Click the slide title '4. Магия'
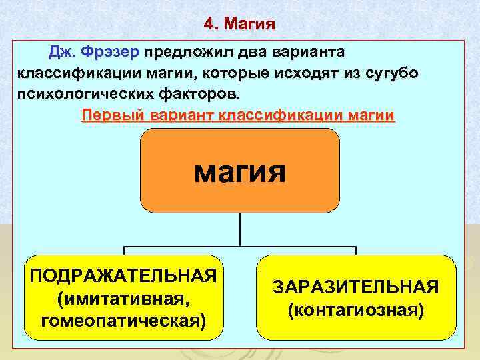[239, 25]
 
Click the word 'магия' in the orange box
[239, 171]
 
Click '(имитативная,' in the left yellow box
[123, 298]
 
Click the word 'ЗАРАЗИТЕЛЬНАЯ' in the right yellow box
[355, 287]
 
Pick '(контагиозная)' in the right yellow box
[355, 310]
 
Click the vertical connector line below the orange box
[240, 230]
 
